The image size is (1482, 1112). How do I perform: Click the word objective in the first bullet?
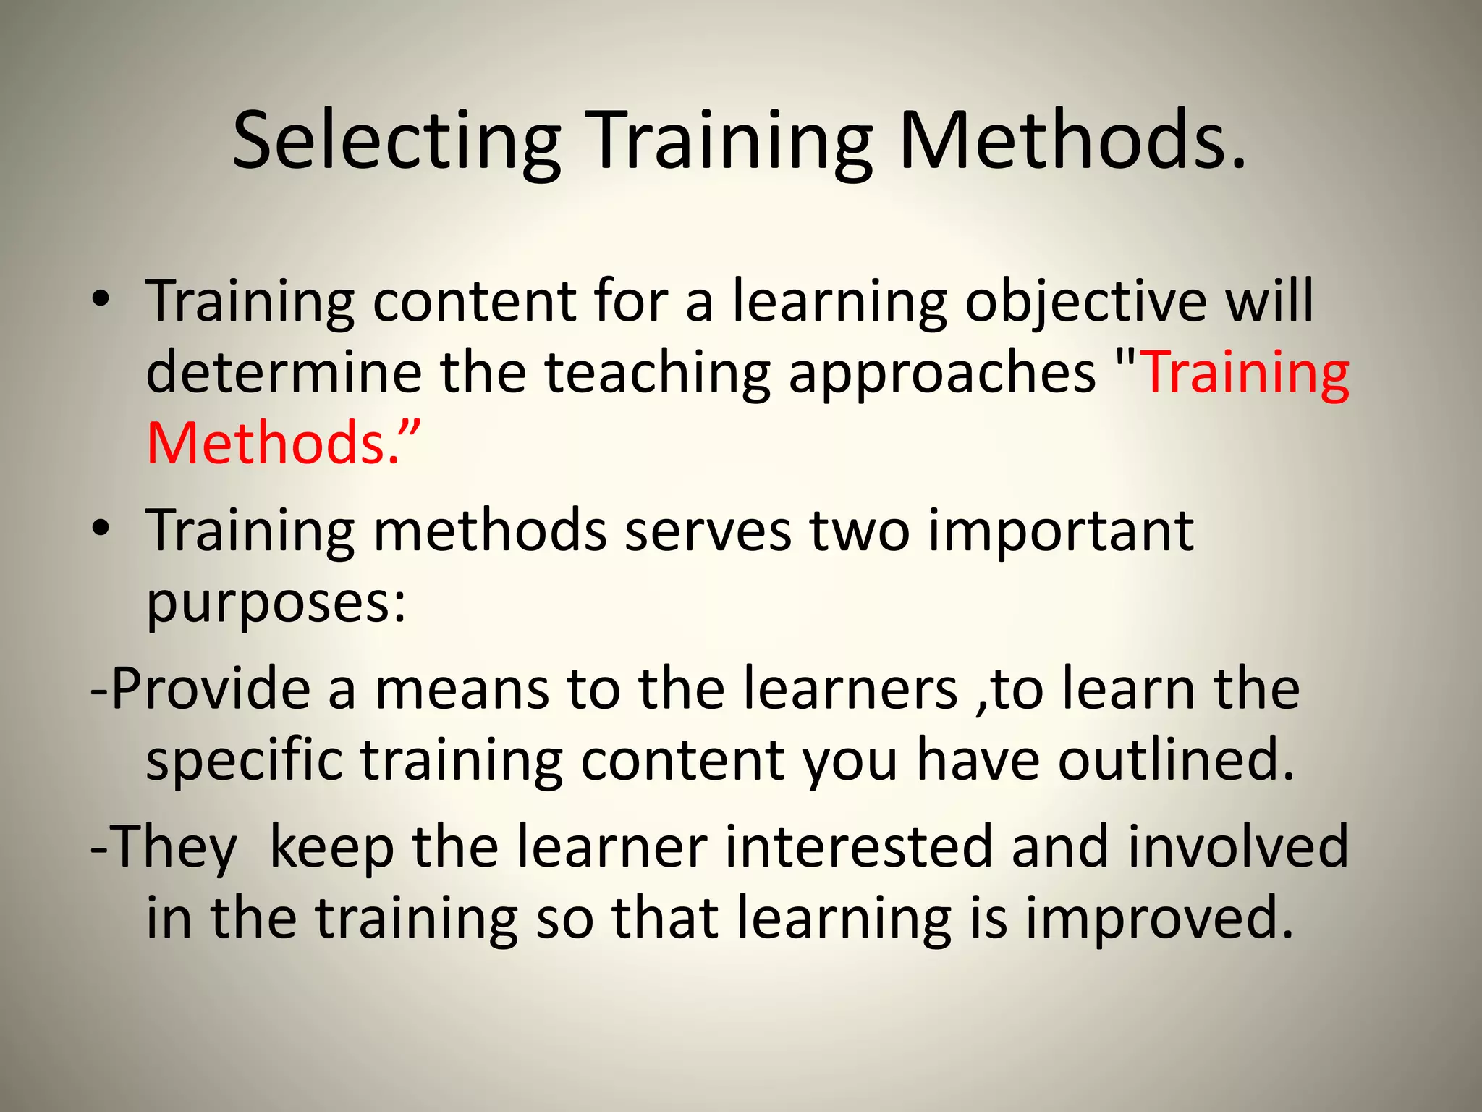coord(1085,303)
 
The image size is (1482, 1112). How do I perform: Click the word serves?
coord(708,531)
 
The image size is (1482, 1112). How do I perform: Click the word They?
coord(173,848)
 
